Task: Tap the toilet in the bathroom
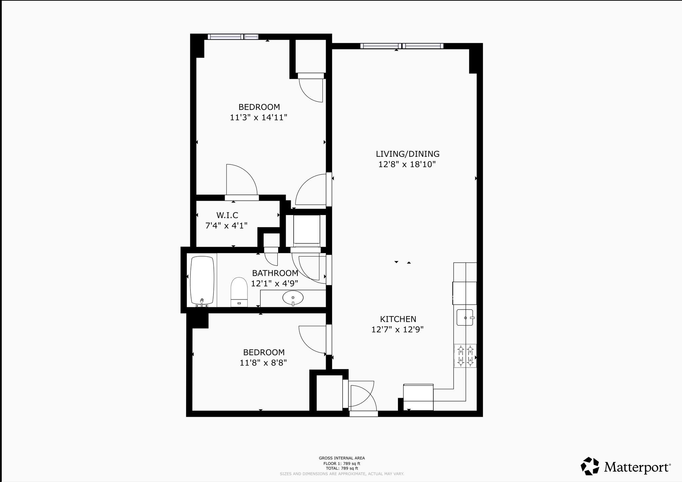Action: click(239, 292)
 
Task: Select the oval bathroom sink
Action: click(293, 298)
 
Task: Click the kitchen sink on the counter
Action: click(465, 317)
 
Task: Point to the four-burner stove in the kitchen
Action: click(465, 356)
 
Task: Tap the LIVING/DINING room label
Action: click(408, 154)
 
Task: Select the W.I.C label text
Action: click(227, 215)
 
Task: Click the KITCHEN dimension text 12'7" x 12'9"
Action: click(398, 330)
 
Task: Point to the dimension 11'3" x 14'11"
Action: click(259, 118)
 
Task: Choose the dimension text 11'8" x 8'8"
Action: click(263, 362)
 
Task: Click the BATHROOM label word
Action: click(275, 273)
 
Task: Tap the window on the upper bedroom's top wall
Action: click(233, 37)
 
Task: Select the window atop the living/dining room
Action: click(402, 46)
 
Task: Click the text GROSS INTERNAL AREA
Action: click(342, 458)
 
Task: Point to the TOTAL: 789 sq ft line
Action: click(342, 468)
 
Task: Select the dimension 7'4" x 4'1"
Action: click(226, 226)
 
